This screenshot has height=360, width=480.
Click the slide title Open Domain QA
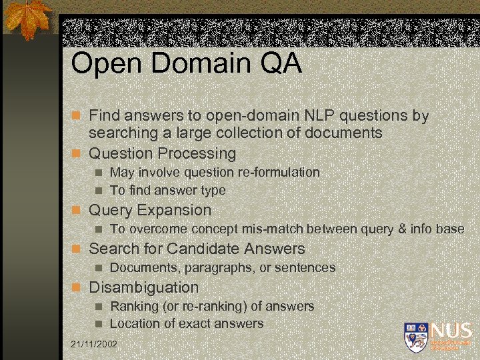point(186,64)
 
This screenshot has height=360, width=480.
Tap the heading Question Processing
point(162,153)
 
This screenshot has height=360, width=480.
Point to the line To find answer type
point(167,190)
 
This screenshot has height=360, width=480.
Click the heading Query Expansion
point(149,210)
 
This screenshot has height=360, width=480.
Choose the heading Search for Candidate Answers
point(197,249)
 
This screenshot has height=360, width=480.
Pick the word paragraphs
point(215,267)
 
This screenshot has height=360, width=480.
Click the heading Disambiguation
point(143,287)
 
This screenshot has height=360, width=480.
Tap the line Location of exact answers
point(187,323)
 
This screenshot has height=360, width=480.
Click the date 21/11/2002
point(93,344)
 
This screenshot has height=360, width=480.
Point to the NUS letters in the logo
point(451,331)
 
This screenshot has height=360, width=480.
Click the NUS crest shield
point(415,337)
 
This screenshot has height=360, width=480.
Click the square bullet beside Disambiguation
point(77,288)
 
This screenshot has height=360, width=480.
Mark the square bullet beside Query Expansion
point(77,211)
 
